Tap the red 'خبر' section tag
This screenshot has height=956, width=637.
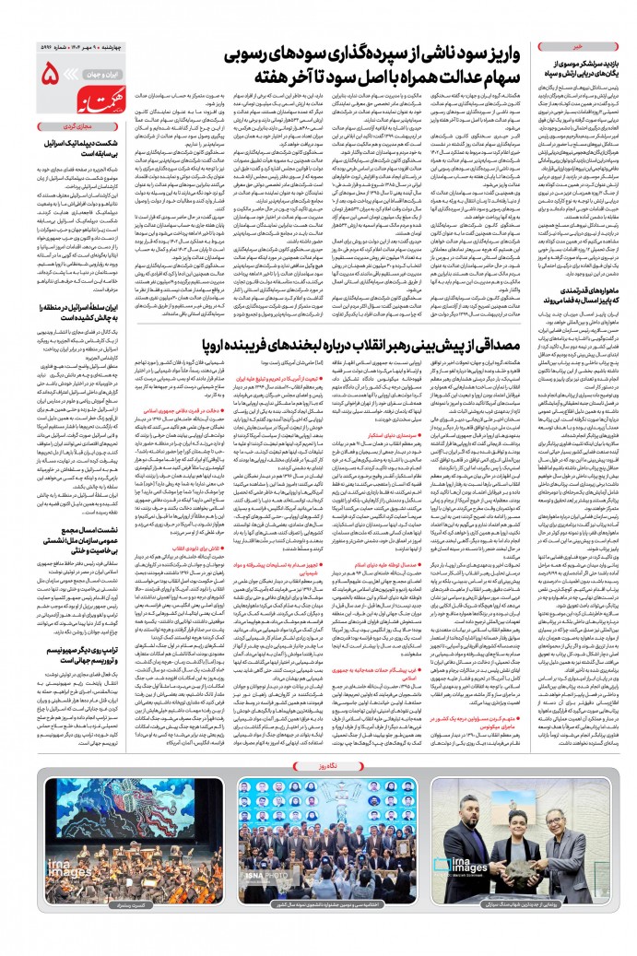579,43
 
